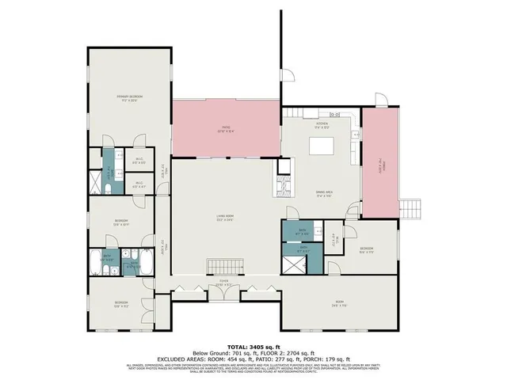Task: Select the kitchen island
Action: point(322,146)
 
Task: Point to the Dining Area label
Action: point(322,193)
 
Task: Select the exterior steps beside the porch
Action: point(410,207)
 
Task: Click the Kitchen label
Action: point(322,124)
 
